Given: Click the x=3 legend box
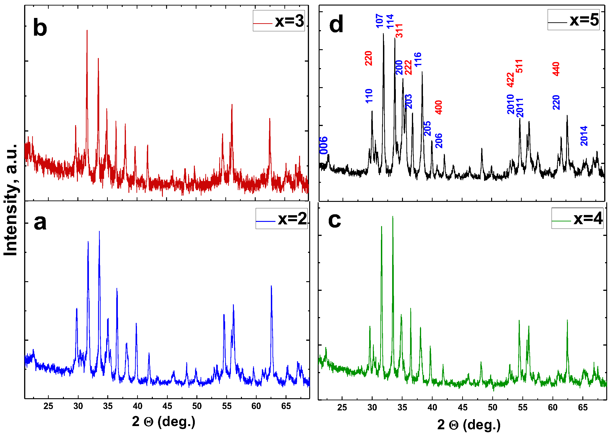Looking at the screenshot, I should pyautogui.click(x=278, y=21).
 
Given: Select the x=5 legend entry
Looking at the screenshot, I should pyautogui.click(x=573, y=20).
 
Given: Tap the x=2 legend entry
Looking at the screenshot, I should pyautogui.click(x=281, y=218).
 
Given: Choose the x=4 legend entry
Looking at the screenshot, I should pyautogui.click(x=577, y=218).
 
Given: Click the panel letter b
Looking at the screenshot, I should pyautogui.click(x=40, y=28).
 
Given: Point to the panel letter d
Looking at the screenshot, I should pyautogui.click(x=336, y=24).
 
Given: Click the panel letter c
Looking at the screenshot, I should pyautogui.click(x=334, y=220).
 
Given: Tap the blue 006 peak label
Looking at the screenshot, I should pyautogui.click(x=324, y=145).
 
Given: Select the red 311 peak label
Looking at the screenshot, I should pyautogui.click(x=399, y=31).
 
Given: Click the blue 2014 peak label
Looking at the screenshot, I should pyautogui.click(x=584, y=136).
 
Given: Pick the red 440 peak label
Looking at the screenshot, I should pyautogui.click(x=556, y=69).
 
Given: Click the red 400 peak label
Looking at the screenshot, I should pyautogui.click(x=439, y=107).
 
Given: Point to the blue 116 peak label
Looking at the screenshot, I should pyautogui.click(x=417, y=60).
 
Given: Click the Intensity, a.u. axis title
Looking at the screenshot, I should pyautogui.click(x=11, y=200).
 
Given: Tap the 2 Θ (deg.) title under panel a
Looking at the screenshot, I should pyautogui.click(x=164, y=421).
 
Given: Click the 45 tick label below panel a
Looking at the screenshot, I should pyautogui.click(x=167, y=406).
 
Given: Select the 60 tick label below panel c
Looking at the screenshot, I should pyautogui.click(x=553, y=407).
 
